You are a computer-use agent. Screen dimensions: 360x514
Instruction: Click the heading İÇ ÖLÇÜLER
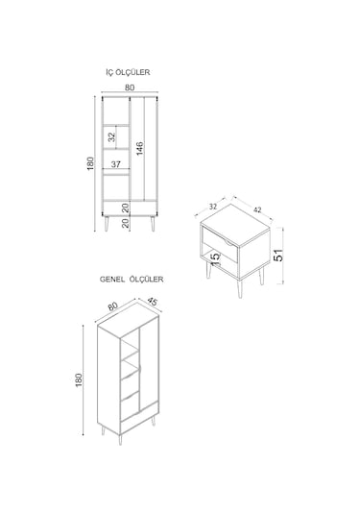pyautogui.click(x=128, y=72)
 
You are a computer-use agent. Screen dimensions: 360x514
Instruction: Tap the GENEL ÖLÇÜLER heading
pyautogui.click(x=132, y=280)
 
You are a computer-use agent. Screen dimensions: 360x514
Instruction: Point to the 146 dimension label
pyautogui.click(x=140, y=149)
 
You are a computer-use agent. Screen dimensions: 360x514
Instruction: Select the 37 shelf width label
pyautogui.click(x=115, y=164)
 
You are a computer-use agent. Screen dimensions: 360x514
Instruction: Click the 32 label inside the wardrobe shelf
pyautogui.click(x=112, y=136)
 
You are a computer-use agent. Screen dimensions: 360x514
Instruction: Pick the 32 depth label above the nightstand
pyautogui.click(x=213, y=207)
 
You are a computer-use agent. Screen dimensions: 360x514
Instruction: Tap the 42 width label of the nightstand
pyautogui.click(x=257, y=209)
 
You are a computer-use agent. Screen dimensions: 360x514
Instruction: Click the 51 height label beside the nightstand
pyautogui.click(x=278, y=255)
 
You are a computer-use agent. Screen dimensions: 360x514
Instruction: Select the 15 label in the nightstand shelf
pyautogui.click(x=214, y=257)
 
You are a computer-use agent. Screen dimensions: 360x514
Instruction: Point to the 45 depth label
pyautogui.click(x=152, y=302)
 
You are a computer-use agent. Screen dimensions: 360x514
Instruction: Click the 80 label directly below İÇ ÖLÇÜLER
pyautogui.click(x=130, y=87)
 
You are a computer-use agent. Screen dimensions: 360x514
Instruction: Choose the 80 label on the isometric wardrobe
pyautogui.click(x=112, y=306)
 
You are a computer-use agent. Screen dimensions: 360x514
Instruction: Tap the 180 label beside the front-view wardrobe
pyautogui.click(x=90, y=163)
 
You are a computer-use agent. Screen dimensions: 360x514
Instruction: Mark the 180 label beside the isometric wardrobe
pyautogui.click(x=79, y=380)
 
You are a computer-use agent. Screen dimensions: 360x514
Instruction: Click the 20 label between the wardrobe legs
pyautogui.click(x=126, y=224)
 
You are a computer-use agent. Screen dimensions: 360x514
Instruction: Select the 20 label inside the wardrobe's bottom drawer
pyautogui.click(x=126, y=208)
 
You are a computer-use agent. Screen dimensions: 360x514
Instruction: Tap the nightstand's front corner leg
pyautogui.click(x=240, y=289)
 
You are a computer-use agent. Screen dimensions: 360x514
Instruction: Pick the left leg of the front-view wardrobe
pyautogui.click(x=107, y=223)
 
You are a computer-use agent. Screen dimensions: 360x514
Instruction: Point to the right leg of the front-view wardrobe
pyautogui.click(x=153, y=223)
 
